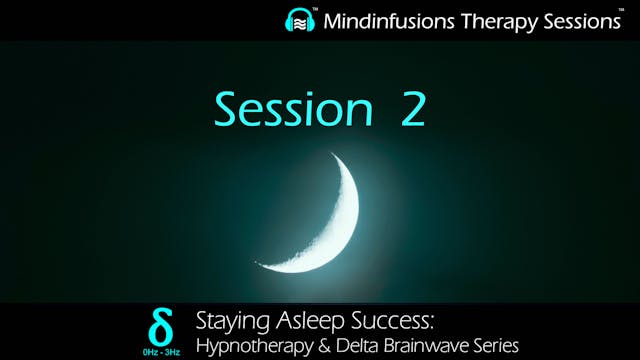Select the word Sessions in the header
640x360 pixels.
click(x=572, y=21)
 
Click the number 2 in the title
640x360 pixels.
click(x=412, y=109)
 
